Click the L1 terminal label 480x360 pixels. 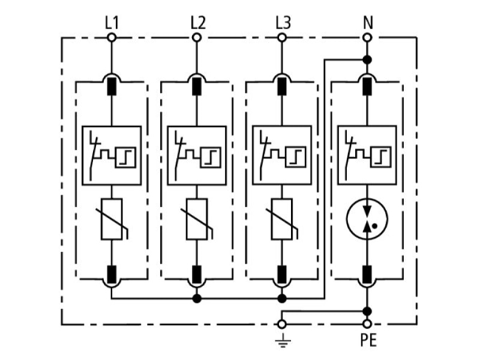pyautogui.click(x=112, y=23)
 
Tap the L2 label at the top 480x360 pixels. pyautogui.click(x=198, y=23)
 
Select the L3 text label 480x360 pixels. pyautogui.click(x=283, y=23)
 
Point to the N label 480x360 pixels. pyautogui.click(x=368, y=23)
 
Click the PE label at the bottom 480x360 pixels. pyautogui.click(x=368, y=340)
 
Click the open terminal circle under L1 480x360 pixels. pyautogui.click(x=112, y=38)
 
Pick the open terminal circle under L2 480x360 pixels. pyautogui.click(x=197, y=38)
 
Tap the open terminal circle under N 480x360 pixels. pyautogui.click(x=367, y=38)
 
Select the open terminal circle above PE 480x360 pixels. pyautogui.click(x=367, y=324)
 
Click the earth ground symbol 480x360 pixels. pyautogui.click(x=283, y=340)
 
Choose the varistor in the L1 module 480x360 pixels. pyautogui.click(x=112, y=219)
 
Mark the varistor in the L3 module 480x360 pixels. pyautogui.click(x=282, y=219)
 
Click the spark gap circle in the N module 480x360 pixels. pyautogui.click(x=367, y=219)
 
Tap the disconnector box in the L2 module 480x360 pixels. pyautogui.click(x=197, y=155)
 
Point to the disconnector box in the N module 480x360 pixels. pyautogui.click(x=367, y=155)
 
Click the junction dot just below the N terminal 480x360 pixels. pyautogui.click(x=367, y=59)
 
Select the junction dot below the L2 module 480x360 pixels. pyautogui.click(x=197, y=298)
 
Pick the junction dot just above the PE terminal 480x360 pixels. pyautogui.click(x=367, y=311)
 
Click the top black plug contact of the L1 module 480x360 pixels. pyautogui.click(x=112, y=86)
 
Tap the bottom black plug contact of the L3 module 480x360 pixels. pyautogui.click(x=282, y=274)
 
